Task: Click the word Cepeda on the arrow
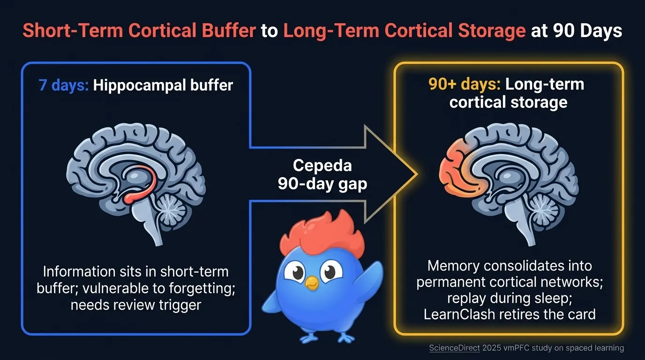322,165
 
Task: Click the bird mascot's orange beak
311,282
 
